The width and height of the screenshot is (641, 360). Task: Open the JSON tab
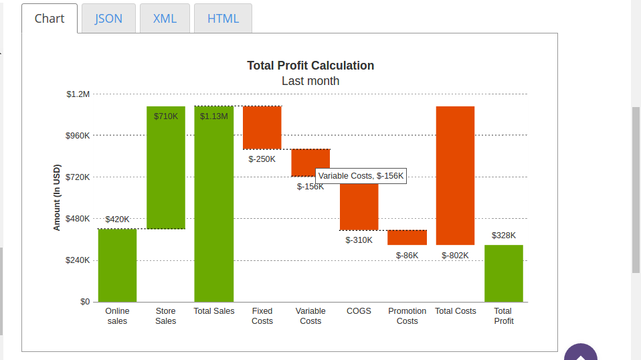point(108,18)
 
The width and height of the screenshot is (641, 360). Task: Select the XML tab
point(165,18)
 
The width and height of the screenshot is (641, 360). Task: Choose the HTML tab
point(223,18)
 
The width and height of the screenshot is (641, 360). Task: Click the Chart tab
point(50,18)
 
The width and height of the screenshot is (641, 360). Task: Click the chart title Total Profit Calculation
point(310,66)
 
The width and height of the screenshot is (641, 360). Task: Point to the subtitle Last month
point(310,81)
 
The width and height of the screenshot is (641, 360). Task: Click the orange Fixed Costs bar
point(262,127)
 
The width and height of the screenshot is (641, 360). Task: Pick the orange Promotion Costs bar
point(407,238)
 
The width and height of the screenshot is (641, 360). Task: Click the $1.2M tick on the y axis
point(78,94)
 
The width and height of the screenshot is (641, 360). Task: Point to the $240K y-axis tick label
point(78,260)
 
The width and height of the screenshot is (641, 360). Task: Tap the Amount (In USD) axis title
point(57,197)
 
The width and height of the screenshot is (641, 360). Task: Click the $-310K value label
point(359,240)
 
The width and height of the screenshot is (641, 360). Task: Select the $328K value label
point(504,236)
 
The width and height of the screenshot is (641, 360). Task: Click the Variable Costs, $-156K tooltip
point(361,176)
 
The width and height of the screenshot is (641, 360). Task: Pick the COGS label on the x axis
point(359,311)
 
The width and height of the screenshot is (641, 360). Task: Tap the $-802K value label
point(455,256)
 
